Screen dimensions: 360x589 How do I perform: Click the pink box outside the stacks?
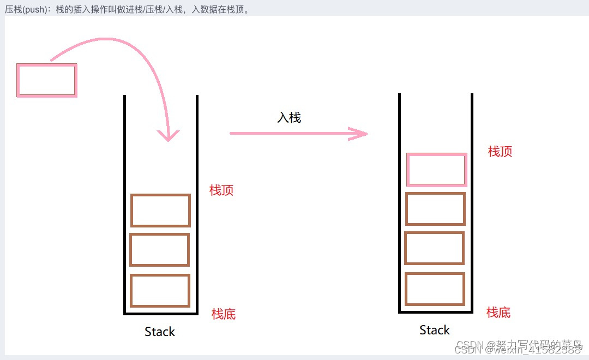click(x=46, y=80)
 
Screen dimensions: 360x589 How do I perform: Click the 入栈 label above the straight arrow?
click(x=289, y=117)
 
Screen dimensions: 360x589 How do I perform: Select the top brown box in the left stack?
click(x=160, y=210)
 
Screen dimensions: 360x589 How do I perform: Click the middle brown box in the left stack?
click(x=160, y=250)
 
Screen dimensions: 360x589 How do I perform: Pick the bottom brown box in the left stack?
click(x=160, y=290)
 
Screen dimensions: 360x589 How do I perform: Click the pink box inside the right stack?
click(x=436, y=170)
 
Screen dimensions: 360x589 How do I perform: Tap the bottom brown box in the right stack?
click(x=435, y=289)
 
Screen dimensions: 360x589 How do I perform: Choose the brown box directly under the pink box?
click(x=435, y=209)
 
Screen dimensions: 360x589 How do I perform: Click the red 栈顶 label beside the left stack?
click(x=221, y=190)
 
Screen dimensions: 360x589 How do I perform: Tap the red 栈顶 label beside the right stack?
click(x=500, y=152)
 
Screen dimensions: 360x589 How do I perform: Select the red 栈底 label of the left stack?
click(x=224, y=314)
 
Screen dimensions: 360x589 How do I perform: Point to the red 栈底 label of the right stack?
click(x=498, y=313)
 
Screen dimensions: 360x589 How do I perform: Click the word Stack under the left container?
click(x=160, y=332)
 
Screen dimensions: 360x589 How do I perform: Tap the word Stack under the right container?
click(x=435, y=330)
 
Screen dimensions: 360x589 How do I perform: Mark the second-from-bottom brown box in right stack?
click(x=435, y=249)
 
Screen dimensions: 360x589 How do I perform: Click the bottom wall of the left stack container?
click(x=161, y=314)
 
